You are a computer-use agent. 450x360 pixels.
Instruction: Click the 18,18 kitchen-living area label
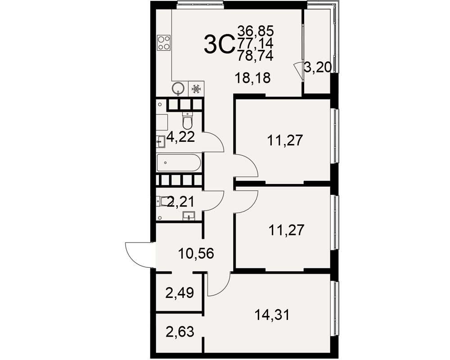[252, 78]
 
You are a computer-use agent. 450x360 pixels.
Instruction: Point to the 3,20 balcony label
[318, 68]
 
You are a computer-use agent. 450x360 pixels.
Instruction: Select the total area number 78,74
[255, 55]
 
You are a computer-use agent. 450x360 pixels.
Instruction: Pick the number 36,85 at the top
[256, 31]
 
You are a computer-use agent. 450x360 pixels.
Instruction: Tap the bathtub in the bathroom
[179, 163]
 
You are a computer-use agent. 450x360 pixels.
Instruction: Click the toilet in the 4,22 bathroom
[187, 121]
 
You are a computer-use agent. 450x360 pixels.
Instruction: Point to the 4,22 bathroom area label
[181, 137]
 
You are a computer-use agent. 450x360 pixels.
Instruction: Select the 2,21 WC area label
[181, 202]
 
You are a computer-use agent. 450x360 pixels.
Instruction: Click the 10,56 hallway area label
[196, 253]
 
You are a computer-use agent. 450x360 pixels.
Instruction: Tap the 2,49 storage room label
[180, 293]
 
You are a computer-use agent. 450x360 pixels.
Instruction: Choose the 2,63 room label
[180, 332]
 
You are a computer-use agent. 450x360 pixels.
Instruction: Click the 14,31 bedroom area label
[272, 315]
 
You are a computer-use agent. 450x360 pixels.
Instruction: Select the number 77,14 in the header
[255, 43]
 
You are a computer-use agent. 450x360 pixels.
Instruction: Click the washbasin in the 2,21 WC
[189, 215]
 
